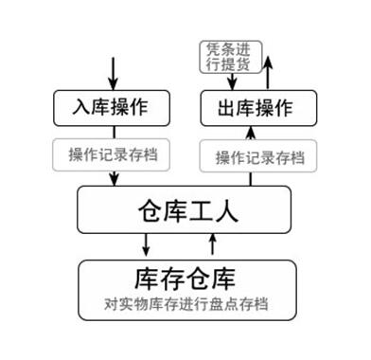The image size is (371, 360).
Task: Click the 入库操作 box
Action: click(113, 107)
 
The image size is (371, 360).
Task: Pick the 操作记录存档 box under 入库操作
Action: click(113, 154)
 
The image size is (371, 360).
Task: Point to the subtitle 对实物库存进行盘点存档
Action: click(185, 306)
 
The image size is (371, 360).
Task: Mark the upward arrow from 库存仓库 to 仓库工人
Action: click(213, 245)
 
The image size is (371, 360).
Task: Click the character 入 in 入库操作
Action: click(79, 107)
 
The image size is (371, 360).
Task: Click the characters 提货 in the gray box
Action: click(238, 63)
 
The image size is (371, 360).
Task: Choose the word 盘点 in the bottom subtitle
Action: click(226, 306)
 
